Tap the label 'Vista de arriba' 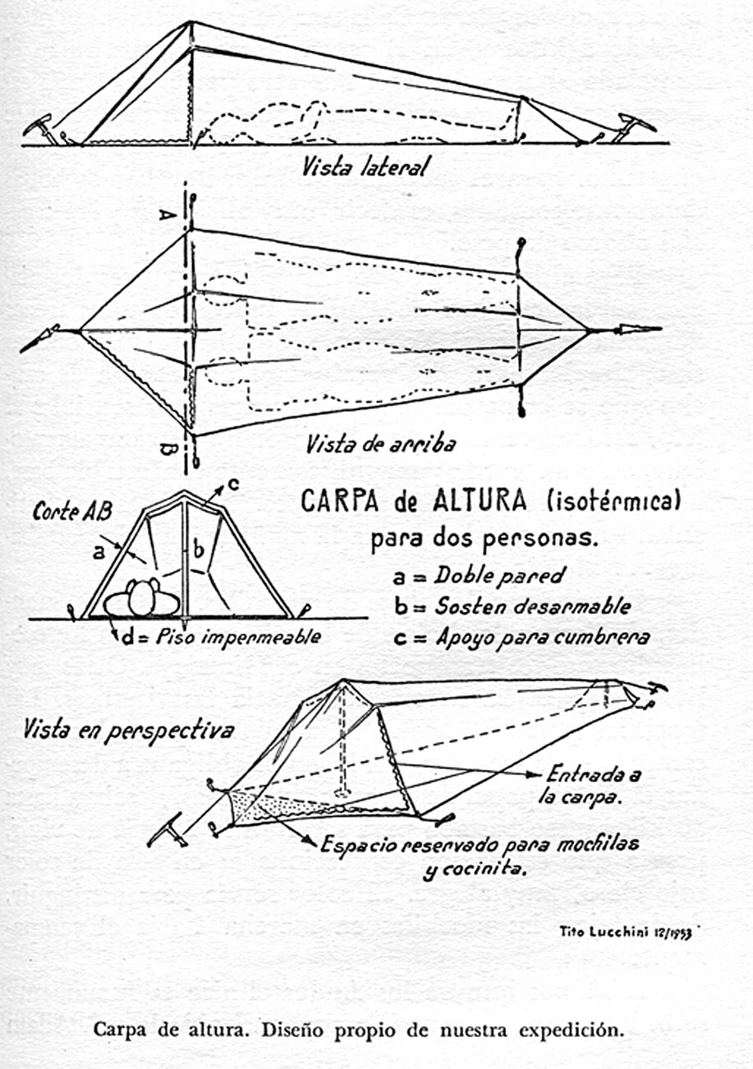point(380,444)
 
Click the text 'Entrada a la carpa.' point(585,786)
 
